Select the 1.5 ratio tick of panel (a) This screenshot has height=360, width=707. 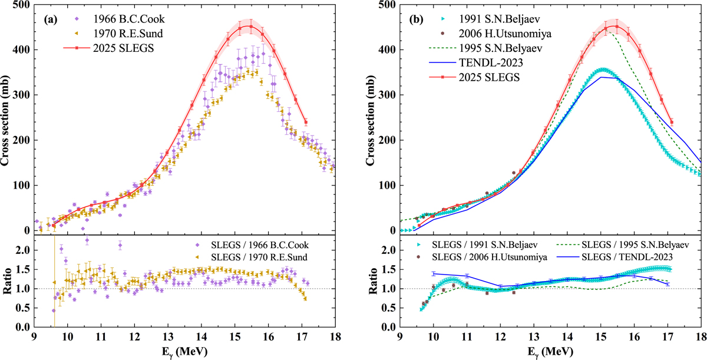(22, 269)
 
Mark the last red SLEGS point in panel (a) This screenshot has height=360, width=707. (306, 122)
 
